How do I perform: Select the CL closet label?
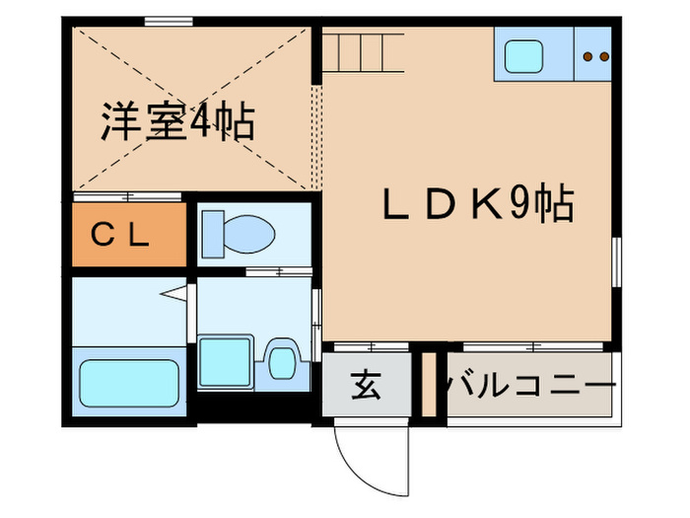click(120, 235)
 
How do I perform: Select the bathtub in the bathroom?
click(128, 385)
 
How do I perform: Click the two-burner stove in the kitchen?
click(594, 57)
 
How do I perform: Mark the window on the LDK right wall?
click(616, 266)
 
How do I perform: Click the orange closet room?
click(128, 235)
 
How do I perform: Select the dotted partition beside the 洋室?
click(316, 138)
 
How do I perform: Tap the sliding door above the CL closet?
click(128, 196)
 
